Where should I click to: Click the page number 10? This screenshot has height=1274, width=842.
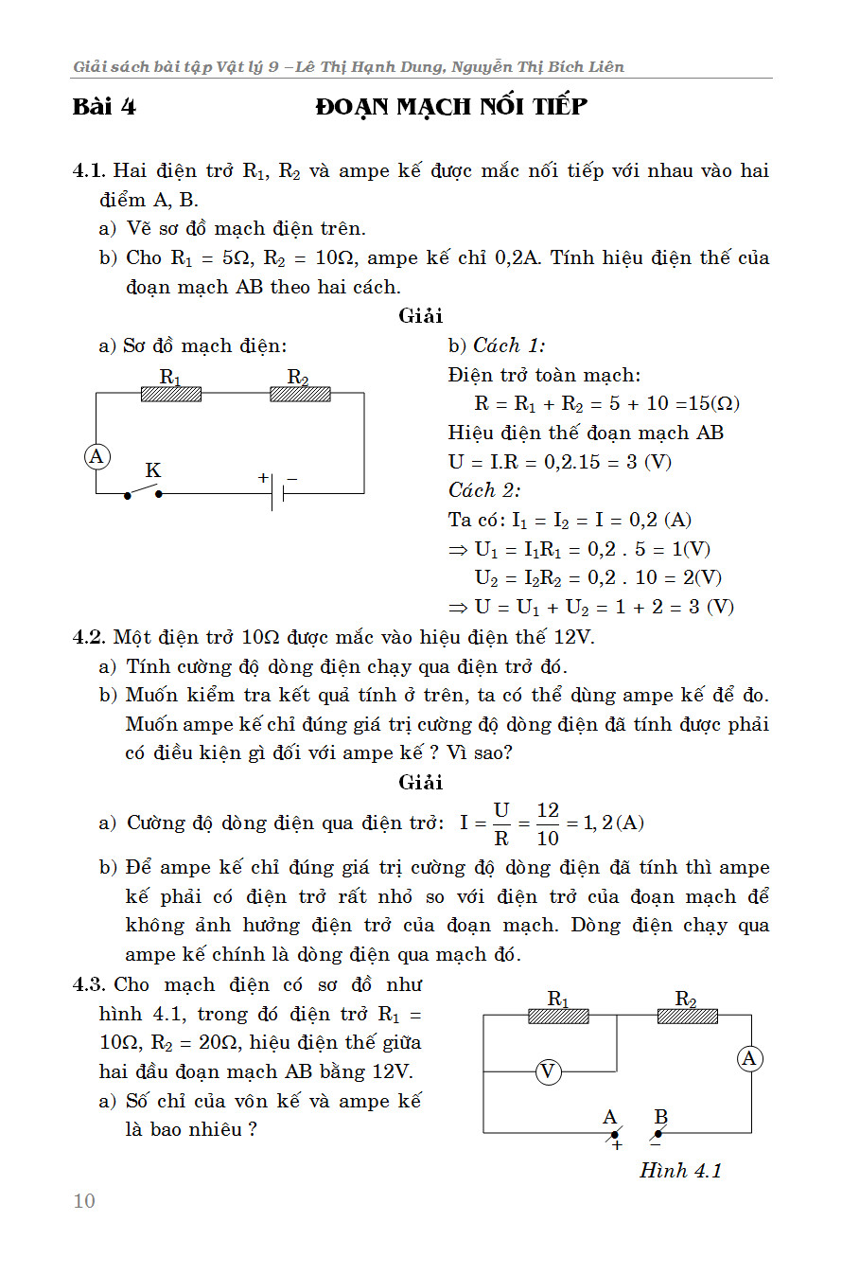point(84,1201)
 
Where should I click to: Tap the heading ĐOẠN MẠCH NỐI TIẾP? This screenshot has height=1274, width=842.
point(451,106)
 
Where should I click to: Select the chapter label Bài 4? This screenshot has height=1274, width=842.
point(104,106)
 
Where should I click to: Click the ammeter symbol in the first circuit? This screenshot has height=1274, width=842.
point(96,457)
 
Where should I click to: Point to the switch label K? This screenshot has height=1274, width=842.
point(152,470)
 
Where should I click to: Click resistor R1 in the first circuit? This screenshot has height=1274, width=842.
point(171,394)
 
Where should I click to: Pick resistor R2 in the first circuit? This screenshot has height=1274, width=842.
point(300,394)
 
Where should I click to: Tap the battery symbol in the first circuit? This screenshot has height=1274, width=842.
point(278,492)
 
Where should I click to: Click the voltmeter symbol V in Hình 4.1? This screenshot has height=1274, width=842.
point(549,1071)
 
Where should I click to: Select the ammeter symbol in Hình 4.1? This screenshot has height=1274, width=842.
point(750,1058)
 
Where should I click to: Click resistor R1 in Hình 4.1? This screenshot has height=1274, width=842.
point(558,1016)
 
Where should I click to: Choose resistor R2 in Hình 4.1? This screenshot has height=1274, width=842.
point(687,1016)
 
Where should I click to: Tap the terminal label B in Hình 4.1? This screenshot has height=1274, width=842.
point(661,1118)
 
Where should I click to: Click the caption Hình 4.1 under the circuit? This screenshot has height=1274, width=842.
point(680,1171)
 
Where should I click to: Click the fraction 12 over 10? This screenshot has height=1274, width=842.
point(548,823)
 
